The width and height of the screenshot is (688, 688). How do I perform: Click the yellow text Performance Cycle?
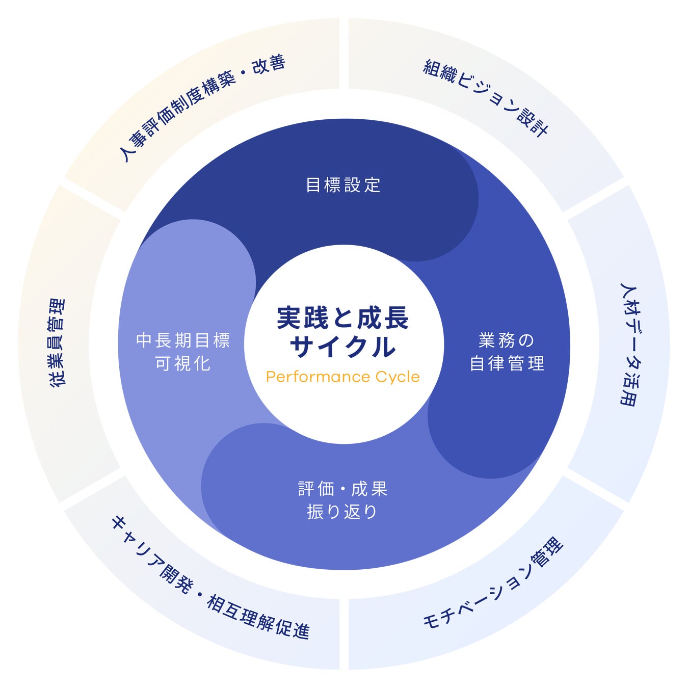coord(343,377)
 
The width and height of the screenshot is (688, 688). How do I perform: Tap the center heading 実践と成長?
coord(343,319)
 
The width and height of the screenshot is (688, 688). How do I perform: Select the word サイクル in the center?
coord(343,348)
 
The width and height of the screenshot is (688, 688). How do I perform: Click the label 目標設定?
coord(343,184)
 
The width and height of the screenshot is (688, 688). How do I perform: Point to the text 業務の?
coord(506,340)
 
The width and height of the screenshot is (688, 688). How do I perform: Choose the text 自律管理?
coord(507,363)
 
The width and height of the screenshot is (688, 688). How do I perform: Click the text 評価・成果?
coord(343,489)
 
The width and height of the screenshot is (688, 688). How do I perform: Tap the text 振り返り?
coord(342,511)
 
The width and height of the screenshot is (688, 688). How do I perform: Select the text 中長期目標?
coord(183,340)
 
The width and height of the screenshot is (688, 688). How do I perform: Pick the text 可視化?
coord(183,363)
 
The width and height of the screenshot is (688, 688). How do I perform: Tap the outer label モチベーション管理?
coord(493,584)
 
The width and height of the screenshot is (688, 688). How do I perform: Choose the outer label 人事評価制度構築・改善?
coord(202,107)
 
